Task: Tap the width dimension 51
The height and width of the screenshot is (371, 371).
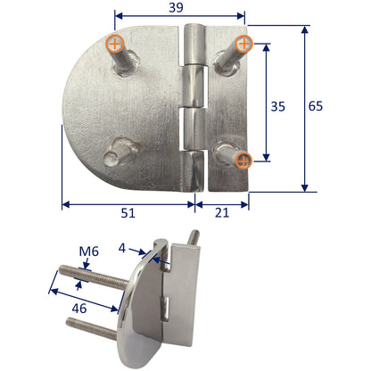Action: pos(128,214)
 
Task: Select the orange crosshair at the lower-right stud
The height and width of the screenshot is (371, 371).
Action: pos(244,160)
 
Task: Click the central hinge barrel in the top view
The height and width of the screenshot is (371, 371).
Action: pos(194,107)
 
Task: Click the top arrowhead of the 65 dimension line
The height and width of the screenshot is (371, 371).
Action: pos(306,28)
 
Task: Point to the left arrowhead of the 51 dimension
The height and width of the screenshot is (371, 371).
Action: pos(65,203)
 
